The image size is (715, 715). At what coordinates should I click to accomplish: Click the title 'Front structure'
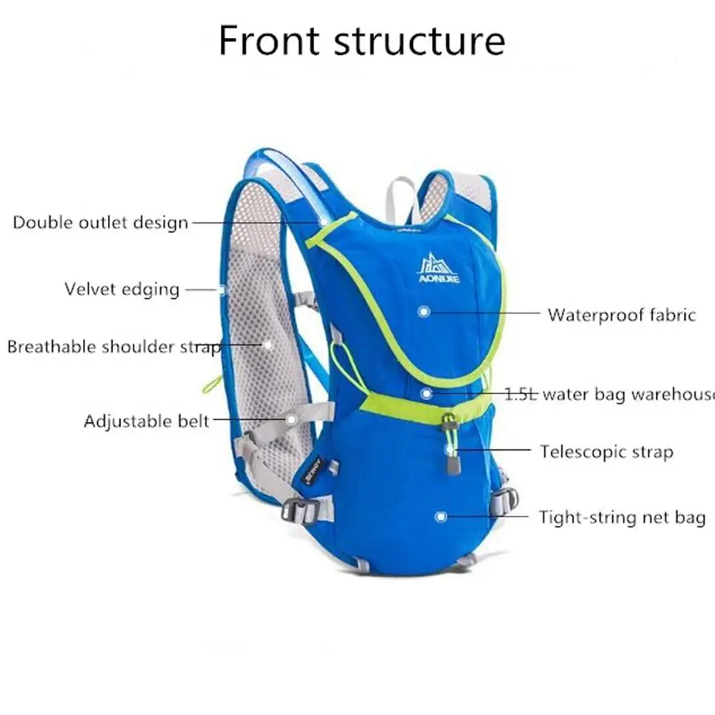coord(361,41)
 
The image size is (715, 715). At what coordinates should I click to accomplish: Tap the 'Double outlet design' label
coord(101,222)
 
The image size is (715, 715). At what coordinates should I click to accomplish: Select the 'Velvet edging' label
coord(121,289)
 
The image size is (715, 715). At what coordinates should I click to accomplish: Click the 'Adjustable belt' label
coord(146,421)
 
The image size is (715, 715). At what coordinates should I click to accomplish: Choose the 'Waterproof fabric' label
coord(621,314)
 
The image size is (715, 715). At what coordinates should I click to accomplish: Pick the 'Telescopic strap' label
coord(606,452)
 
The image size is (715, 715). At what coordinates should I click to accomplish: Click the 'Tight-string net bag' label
coord(621,517)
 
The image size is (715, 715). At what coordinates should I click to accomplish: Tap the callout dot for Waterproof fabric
coord(424,311)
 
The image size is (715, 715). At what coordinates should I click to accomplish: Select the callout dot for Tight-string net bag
coord(441,516)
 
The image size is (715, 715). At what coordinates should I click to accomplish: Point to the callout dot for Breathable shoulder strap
coord(267,344)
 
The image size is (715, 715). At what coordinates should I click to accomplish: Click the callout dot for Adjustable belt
coord(291,419)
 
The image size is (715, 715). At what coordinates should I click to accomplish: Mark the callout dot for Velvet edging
coord(222,290)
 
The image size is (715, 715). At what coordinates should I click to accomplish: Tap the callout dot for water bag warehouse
coord(426,393)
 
